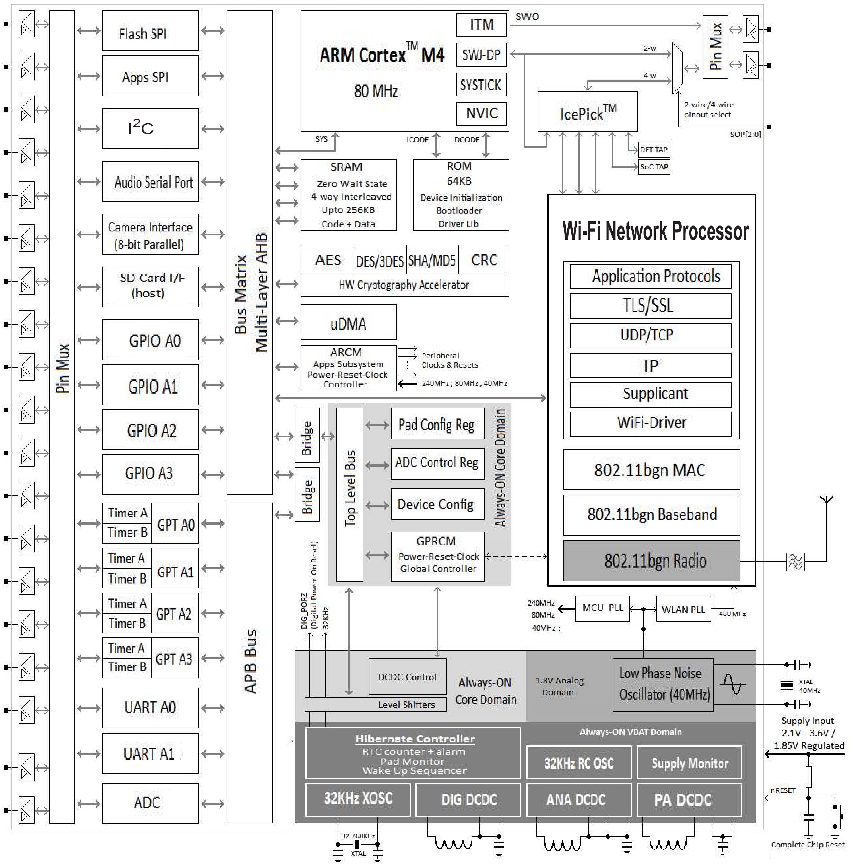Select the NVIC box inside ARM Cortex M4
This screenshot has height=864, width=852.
[x=481, y=114]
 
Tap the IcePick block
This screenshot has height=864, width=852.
[x=587, y=111]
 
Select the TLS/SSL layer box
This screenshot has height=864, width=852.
[x=650, y=305]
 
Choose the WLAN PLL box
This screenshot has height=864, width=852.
[x=683, y=609]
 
